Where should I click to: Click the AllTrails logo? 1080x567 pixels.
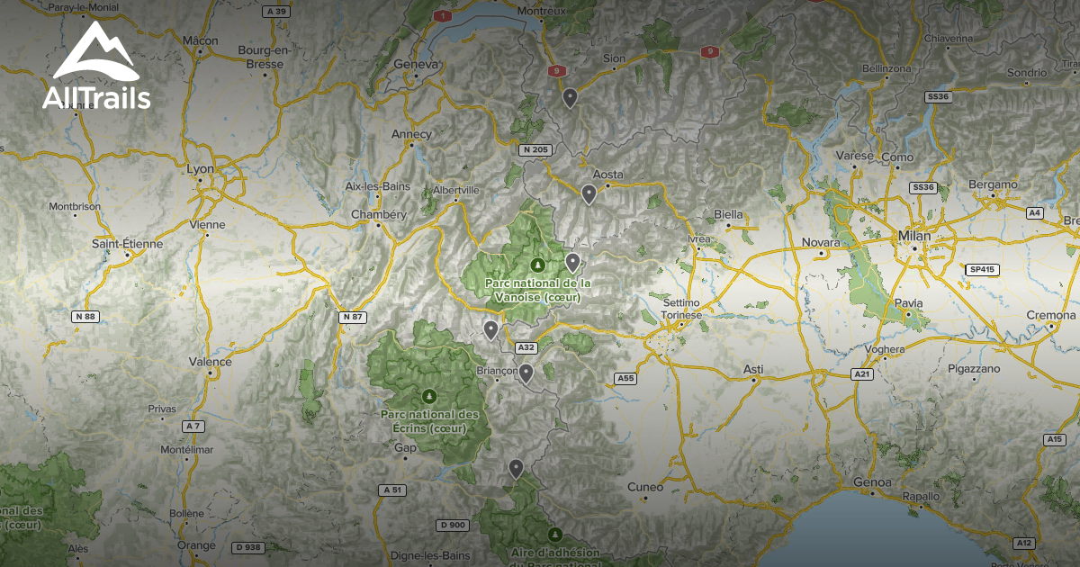coord(95,67)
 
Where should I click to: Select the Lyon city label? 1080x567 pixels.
coord(200,168)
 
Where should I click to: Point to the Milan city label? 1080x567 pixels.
coord(914,235)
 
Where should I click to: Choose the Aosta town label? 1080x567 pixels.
coord(609,175)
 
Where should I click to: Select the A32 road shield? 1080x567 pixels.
coord(526,347)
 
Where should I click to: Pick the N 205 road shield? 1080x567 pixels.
coord(534,149)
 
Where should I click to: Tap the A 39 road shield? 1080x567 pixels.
coord(276,12)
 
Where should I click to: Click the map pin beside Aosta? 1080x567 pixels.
coord(589,193)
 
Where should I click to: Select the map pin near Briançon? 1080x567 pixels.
coord(526,372)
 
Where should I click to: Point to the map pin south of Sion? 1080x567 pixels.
coord(570,97)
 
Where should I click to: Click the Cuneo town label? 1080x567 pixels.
coord(645,487)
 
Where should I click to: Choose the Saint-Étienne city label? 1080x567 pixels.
coord(128,243)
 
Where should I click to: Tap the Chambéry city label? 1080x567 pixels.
coord(378,214)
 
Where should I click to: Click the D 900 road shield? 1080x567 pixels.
coord(453,525)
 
